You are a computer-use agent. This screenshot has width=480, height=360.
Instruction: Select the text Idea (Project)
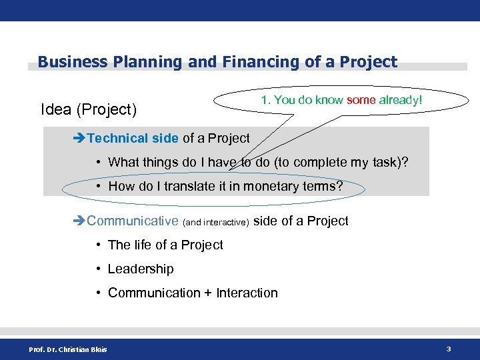point(89,109)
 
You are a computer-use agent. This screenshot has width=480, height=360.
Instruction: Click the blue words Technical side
point(133,138)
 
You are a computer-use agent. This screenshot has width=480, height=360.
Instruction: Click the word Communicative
point(133,221)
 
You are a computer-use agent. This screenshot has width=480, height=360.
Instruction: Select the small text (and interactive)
point(216,222)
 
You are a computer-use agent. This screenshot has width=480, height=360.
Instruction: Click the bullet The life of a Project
point(165,245)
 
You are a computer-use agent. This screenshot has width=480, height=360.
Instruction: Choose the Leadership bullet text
point(141,269)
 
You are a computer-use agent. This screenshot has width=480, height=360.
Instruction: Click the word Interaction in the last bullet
point(247,293)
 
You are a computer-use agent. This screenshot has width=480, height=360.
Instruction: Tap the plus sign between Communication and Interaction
point(207,293)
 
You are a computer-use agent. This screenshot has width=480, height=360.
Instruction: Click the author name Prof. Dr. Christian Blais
point(67,349)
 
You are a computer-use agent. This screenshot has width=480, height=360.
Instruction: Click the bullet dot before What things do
point(98,162)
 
